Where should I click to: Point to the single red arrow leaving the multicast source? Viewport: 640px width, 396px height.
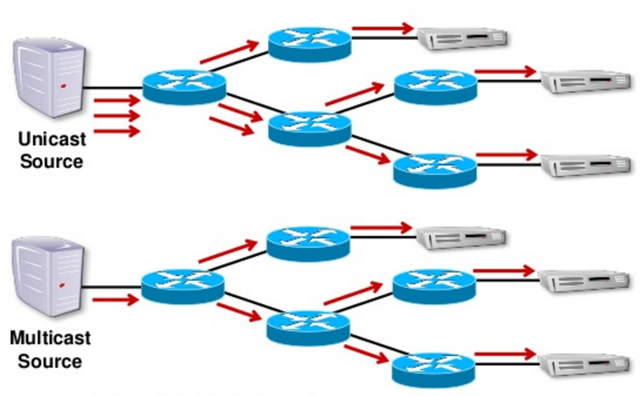(115, 301)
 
